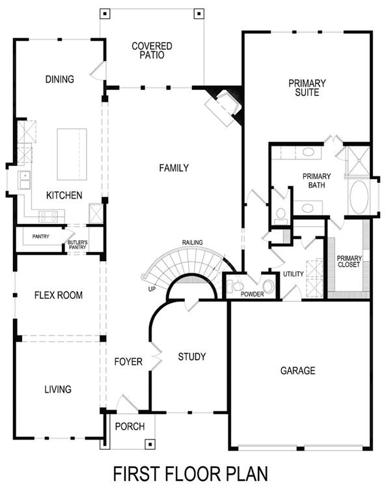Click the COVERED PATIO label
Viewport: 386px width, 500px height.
tap(152, 51)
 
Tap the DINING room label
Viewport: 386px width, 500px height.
tap(59, 79)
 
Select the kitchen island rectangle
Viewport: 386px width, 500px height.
tap(72, 154)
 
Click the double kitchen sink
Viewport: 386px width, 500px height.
tap(24, 180)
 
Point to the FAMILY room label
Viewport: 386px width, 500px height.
tap(174, 168)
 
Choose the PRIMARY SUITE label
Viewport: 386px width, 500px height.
tap(307, 87)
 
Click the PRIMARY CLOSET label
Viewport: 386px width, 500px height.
tap(349, 261)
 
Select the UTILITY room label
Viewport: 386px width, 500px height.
tap(293, 274)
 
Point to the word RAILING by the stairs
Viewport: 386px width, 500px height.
tap(192, 243)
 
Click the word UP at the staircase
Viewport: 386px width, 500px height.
tap(152, 288)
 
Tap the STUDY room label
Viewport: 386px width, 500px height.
tap(192, 357)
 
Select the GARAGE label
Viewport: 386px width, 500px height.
tap(297, 370)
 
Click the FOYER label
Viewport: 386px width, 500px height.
tap(128, 361)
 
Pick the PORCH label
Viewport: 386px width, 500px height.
tap(130, 426)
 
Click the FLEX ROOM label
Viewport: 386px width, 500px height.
tap(59, 295)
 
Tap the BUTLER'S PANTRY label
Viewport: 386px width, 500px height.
tap(77, 244)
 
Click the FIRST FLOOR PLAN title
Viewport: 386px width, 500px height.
tap(190, 474)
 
